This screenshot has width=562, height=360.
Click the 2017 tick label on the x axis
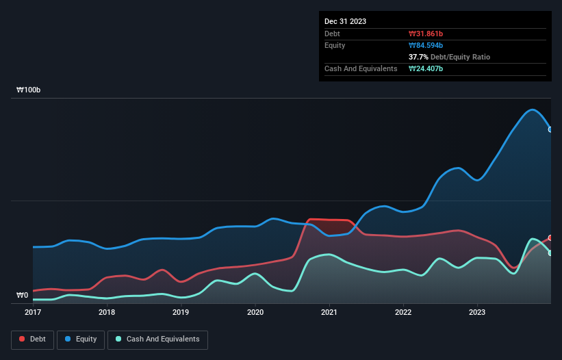click(x=33, y=312)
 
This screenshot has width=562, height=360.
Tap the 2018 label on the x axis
click(x=107, y=312)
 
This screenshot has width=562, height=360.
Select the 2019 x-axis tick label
click(x=181, y=312)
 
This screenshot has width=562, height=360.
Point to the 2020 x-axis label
click(x=255, y=312)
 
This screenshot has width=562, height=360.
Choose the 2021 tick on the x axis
click(x=329, y=312)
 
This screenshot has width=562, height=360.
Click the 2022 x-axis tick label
click(x=403, y=312)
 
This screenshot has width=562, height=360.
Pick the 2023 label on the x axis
click(x=477, y=312)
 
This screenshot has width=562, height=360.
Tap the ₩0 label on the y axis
click(x=23, y=296)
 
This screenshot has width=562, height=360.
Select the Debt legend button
click(x=31, y=339)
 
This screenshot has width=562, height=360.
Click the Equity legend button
click(x=81, y=339)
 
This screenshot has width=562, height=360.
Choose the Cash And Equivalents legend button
click(x=157, y=339)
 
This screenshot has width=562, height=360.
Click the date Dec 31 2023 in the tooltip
click(x=345, y=21)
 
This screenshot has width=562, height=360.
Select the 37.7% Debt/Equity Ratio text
click(x=449, y=57)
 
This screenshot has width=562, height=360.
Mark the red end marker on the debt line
click(x=550, y=237)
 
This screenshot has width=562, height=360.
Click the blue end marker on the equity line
click(x=550, y=129)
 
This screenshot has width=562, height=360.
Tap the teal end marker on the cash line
click(x=550, y=253)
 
